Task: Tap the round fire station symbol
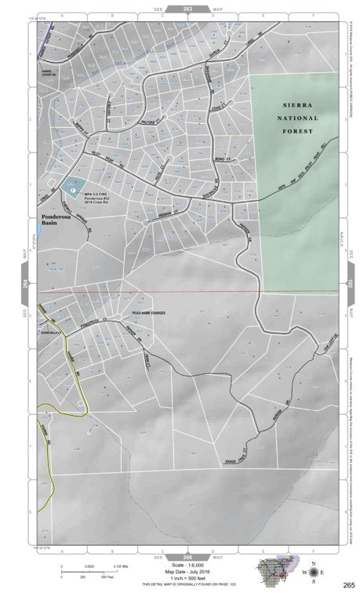pos(73,188)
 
